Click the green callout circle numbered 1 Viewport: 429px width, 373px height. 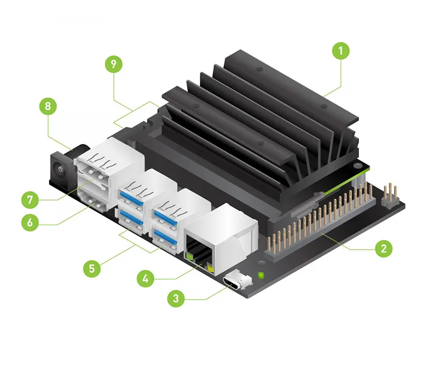click(x=340, y=51)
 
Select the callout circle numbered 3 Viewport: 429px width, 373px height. click(x=176, y=297)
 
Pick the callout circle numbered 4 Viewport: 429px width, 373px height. click(x=145, y=278)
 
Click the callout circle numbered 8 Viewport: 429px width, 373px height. click(x=48, y=107)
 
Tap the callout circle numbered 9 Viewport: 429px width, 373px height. click(x=113, y=64)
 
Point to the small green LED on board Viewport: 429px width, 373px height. click(x=261, y=276)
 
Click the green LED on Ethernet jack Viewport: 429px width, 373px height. click(x=189, y=257)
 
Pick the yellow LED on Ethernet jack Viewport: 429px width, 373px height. click(x=210, y=267)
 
